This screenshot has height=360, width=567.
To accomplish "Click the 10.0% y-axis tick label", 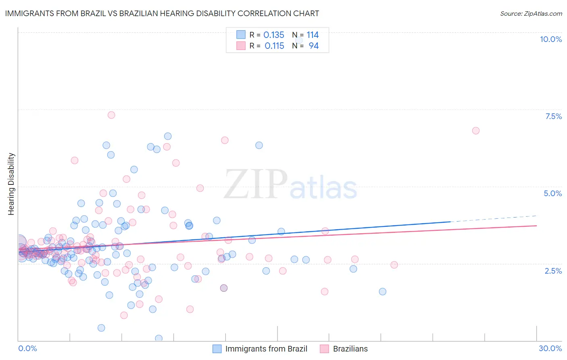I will tap(550, 39).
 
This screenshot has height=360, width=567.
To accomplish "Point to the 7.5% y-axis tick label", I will tap(553, 116).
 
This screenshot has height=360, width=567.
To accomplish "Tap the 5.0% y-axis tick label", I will tap(552, 193).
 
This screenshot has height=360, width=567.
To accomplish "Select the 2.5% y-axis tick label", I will tap(553, 271).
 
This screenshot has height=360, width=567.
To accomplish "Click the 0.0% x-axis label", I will tap(27, 348).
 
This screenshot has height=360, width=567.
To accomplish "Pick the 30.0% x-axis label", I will tap(550, 348).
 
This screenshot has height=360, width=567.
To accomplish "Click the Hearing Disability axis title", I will tap(11, 184).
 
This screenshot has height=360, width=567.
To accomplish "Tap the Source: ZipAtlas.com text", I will tap(531, 13).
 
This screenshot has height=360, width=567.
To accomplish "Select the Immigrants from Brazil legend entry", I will tap(260, 349).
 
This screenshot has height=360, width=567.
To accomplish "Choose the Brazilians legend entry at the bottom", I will tap(344, 349).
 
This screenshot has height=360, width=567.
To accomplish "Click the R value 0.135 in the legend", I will tap(274, 35).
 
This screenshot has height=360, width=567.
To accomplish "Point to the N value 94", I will tap(313, 46).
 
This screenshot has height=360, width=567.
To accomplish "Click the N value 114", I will tap(313, 35).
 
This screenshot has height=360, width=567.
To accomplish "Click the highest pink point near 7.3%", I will tap(111, 115).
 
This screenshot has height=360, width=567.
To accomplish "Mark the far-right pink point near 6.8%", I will tap(476, 131).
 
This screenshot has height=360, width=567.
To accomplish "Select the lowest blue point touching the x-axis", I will tap(159, 338).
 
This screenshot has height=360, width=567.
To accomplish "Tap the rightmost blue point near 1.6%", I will tap(383, 291).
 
